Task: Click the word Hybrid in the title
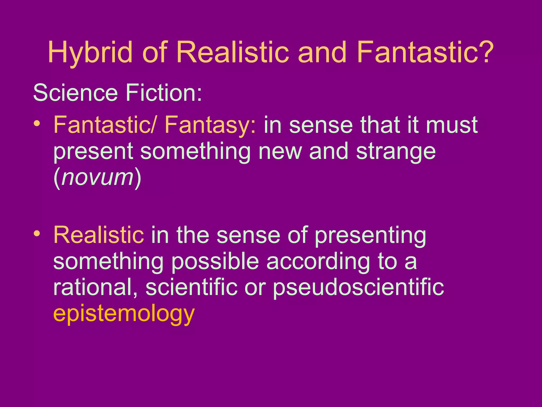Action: tap(90, 52)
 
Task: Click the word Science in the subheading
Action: tap(75, 93)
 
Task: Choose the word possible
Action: tap(215, 262)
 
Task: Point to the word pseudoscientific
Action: tap(358, 288)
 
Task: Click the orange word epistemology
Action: tap(124, 314)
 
